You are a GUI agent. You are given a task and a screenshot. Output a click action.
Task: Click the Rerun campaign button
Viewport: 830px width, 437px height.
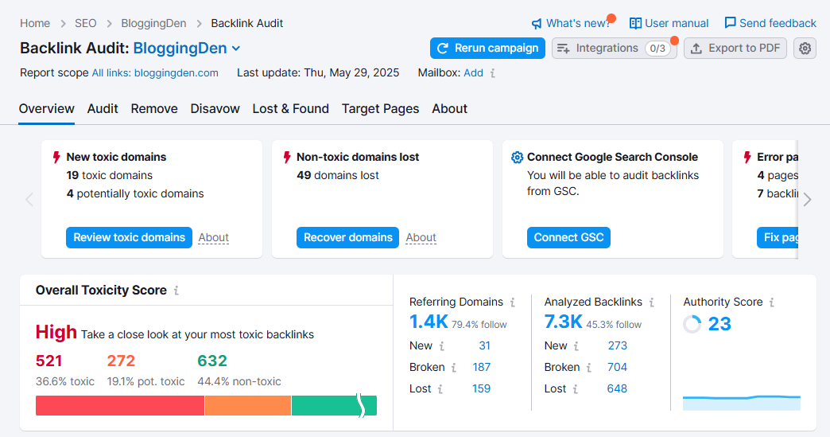(487, 49)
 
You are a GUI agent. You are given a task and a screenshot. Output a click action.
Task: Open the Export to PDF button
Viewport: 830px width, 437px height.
(735, 49)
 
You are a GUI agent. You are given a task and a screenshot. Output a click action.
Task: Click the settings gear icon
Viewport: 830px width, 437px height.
(805, 49)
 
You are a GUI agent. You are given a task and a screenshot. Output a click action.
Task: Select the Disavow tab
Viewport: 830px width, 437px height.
(215, 109)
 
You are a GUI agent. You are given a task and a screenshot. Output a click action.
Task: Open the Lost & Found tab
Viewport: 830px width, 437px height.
(290, 109)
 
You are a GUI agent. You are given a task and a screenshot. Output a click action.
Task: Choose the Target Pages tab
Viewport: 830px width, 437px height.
(380, 109)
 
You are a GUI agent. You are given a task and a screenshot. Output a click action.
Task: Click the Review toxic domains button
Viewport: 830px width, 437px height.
(129, 237)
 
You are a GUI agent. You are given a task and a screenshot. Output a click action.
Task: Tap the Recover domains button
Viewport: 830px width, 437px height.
(347, 237)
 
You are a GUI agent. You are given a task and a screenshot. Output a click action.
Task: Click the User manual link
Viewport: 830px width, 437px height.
(669, 23)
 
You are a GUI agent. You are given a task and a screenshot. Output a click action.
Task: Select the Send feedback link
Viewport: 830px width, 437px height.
(770, 23)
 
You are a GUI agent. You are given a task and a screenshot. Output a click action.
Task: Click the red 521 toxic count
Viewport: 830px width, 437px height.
(49, 361)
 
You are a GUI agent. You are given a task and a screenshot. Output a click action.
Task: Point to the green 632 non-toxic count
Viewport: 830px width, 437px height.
(212, 361)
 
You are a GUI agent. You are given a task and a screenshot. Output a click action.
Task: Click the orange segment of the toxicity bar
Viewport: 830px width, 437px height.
(248, 406)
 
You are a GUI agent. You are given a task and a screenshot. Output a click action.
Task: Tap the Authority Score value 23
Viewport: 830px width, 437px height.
(719, 324)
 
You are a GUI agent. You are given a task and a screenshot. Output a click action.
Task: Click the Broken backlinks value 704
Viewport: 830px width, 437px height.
(617, 367)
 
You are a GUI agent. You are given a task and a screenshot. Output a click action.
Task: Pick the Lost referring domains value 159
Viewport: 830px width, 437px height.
(481, 388)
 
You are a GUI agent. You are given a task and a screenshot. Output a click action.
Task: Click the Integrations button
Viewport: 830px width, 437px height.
(613, 49)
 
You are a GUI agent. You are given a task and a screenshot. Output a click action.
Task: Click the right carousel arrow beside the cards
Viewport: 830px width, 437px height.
(808, 200)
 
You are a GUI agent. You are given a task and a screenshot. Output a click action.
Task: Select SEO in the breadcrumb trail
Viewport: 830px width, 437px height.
(85, 23)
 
